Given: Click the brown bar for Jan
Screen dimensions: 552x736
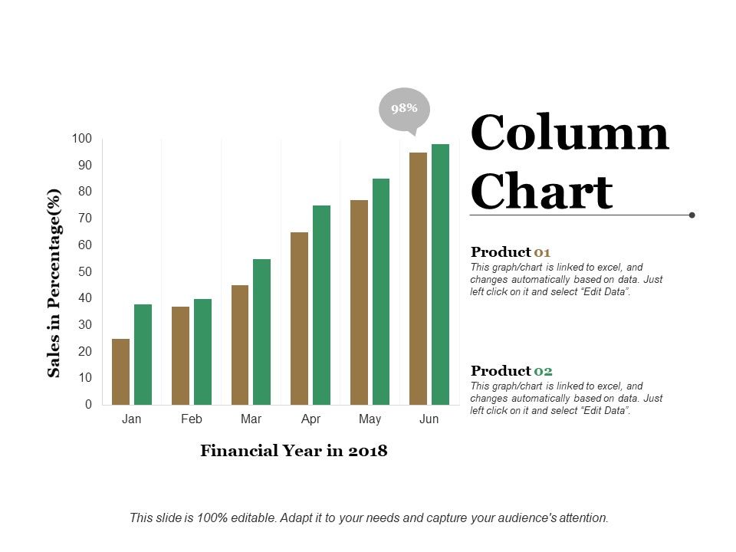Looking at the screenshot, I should (120, 372).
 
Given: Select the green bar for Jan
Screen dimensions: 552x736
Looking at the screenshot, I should (143, 354).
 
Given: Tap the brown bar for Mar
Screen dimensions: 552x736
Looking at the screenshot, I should (240, 345).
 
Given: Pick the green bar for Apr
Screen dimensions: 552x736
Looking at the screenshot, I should (321, 305).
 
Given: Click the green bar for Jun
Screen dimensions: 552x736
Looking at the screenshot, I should (440, 274).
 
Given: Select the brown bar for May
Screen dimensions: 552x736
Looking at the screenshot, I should (359, 302).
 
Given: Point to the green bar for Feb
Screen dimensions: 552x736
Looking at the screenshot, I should (202, 352).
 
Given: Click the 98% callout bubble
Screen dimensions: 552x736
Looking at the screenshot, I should (404, 109).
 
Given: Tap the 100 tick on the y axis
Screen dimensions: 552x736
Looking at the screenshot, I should (82, 139).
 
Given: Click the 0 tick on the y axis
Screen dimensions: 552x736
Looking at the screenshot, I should (88, 404).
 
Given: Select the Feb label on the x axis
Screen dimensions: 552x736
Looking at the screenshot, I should (192, 419).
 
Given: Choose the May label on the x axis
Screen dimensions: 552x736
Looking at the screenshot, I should (370, 419).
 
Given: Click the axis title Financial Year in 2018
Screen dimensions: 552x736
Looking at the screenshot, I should (294, 451).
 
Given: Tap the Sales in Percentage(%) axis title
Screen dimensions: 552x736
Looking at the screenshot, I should (54, 282).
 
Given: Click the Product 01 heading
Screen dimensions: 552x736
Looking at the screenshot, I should (511, 252).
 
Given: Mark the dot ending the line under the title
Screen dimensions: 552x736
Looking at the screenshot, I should (692, 215).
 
